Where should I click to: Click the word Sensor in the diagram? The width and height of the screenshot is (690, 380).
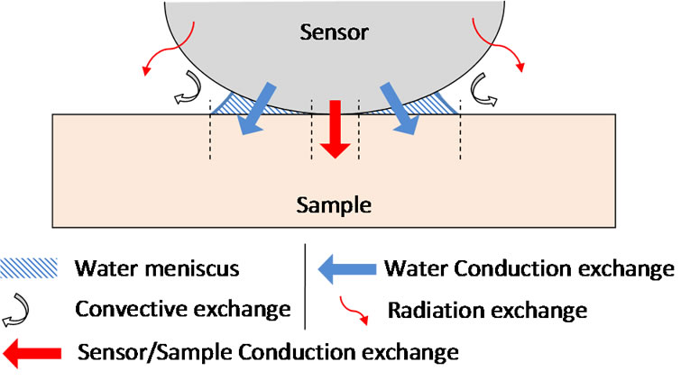tap(335, 33)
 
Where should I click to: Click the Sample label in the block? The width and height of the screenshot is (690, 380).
tap(335, 205)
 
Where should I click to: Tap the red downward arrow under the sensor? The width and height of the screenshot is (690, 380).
tap(335, 127)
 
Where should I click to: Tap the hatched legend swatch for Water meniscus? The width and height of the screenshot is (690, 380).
tap(30, 267)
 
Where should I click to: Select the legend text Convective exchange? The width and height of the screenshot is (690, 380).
tap(183, 310)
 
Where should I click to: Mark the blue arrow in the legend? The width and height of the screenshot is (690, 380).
tap(346, 267)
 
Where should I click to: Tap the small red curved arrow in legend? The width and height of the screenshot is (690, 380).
tap(353, 311)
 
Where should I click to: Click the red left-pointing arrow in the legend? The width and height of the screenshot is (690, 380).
tap(35, 350)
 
